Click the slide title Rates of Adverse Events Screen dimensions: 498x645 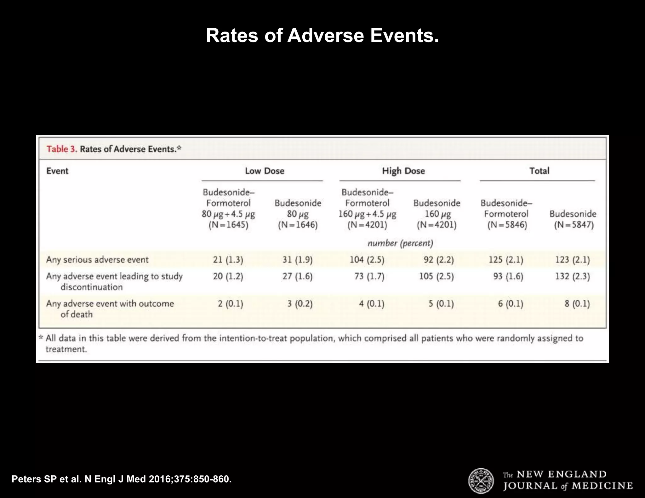(322, 36)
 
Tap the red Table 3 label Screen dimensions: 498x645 (62, 149)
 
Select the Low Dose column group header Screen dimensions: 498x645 (265, 171)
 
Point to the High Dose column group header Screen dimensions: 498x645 (403, 171)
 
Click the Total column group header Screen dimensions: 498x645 (539, 171)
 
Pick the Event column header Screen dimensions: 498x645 (57, 171)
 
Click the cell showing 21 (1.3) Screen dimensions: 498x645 (228, 260)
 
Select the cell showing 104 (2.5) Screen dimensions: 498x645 (367, 260)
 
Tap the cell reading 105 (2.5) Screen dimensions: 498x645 (436, 276)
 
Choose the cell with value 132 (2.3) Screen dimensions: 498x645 (572, 276)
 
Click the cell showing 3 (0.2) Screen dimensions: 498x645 (300, 304)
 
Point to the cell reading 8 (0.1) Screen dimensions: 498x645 (577, 304)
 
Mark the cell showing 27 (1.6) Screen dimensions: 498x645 (297, 276)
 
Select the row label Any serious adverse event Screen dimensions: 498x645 (97, 260)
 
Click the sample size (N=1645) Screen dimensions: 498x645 (228, 225)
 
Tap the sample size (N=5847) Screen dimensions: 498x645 (574, 225)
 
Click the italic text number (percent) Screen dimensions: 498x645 (400, 243)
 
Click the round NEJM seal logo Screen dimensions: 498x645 (481, 481)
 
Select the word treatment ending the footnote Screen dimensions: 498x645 (66, 349)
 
